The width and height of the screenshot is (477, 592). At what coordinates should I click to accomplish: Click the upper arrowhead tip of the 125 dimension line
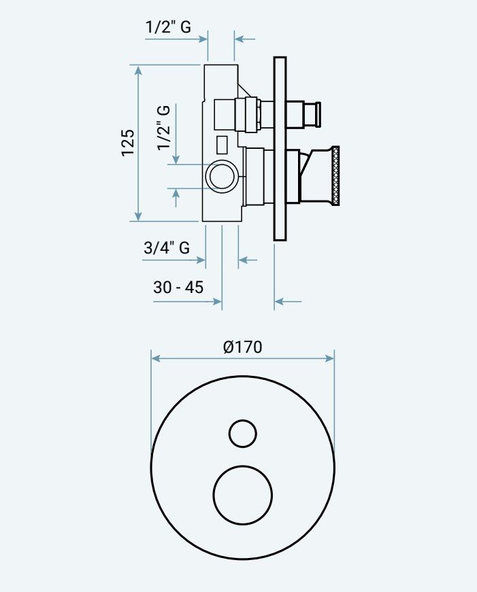click(138, 66)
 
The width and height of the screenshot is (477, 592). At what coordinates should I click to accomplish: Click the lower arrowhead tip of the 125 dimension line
click(138, 221)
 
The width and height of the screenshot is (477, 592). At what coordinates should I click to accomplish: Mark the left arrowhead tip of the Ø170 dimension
click(151, 358)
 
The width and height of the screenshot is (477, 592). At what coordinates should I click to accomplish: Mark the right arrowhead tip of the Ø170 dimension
click(334, 358)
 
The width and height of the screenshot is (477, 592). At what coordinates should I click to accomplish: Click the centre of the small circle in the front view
click(243, 434)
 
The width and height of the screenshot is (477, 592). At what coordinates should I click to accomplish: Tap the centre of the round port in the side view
click(222, 175)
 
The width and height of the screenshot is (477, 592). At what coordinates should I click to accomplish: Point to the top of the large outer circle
click(243, 377)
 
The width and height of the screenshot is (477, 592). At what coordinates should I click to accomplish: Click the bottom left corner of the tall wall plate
click(274, 241)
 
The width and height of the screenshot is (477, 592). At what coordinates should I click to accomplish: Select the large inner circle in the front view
click(243, 495)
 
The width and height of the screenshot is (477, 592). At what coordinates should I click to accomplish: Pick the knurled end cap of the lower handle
click(335, 176)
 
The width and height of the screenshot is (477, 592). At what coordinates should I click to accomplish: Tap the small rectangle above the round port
click(222, 145)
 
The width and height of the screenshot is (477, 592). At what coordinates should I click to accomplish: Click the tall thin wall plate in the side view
click(280, 149)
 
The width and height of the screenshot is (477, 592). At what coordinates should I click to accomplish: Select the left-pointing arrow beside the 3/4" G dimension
click(248, 260)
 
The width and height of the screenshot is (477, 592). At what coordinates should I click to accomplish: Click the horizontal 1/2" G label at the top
click(168, 27)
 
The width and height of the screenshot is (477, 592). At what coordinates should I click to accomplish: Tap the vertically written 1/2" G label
click(164, 128)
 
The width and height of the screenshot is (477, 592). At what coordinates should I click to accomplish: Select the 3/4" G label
click(167, 247)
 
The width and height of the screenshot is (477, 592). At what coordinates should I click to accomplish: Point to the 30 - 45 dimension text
click(178, 288)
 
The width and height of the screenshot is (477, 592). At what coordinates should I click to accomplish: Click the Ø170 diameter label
click(243, 347)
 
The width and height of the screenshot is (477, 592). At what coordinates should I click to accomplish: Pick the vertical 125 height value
click(128, 143)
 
